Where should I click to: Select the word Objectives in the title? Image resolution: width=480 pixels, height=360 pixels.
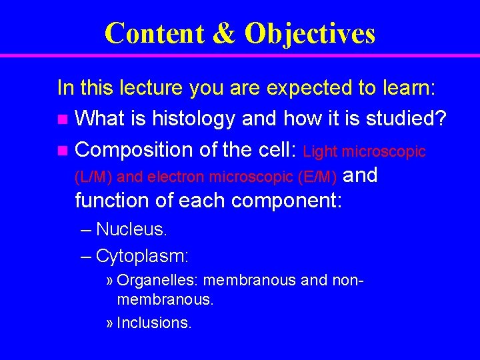click(310, 33)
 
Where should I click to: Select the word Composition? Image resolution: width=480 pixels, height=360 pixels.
click(136, 151)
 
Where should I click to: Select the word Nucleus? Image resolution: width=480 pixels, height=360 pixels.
click(131, 229)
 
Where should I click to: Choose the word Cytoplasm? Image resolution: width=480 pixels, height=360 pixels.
click(142, 255)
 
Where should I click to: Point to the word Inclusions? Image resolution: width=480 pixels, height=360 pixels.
click(154, 323)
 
